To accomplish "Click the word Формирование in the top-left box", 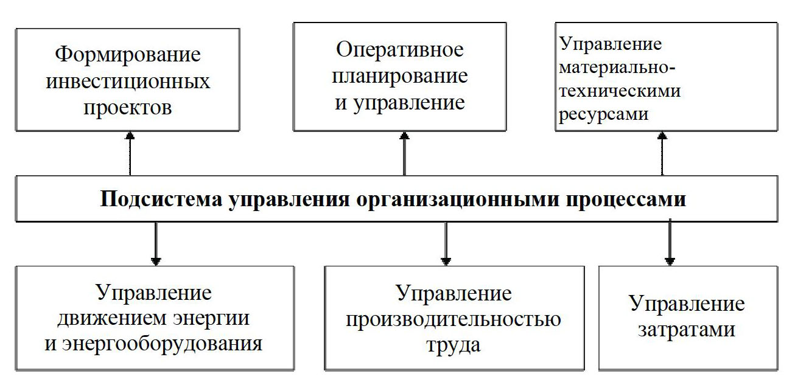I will pos(128,55).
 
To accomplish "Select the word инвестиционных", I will pos(128,81).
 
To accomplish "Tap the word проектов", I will pos(128,108).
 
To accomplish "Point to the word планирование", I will pos(401,76).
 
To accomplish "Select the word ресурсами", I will pos(604,113).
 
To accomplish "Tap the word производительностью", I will pos(454,319).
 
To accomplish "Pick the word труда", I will pos(454,345).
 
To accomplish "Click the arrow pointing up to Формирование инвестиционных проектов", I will pos(128,154).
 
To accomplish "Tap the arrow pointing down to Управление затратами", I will pos(670,243).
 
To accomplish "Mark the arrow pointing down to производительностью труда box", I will pos(446,243).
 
